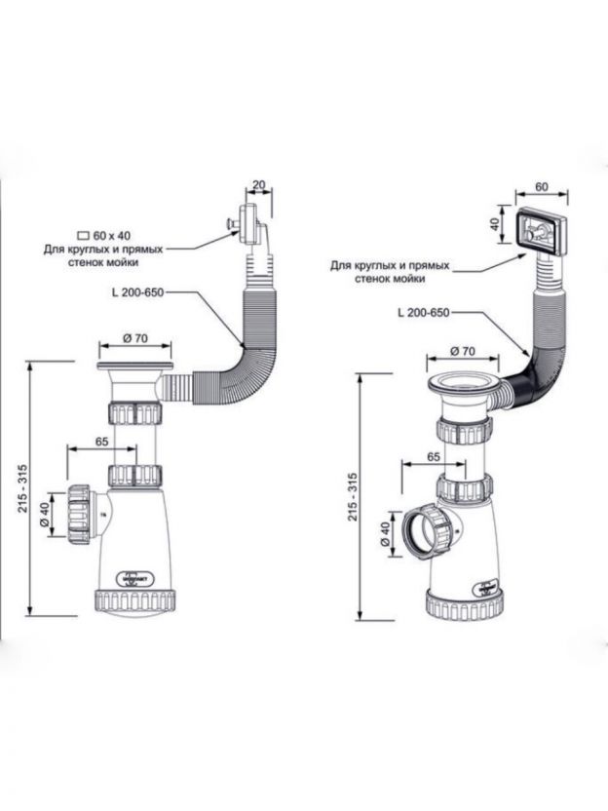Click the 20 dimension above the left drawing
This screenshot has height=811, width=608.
(x=258, y=185)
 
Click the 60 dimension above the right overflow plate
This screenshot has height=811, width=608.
(x=541, y=184)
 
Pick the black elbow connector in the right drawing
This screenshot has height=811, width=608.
(x=522, y=376)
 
